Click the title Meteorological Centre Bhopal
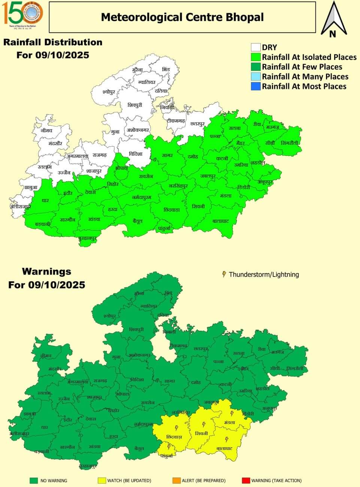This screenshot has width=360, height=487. [x=182, y=17]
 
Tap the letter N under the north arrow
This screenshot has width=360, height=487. [x=332, y=34]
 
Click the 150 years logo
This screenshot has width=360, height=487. [x=23, y=14]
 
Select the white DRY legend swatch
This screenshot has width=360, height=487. [x=256, y=47]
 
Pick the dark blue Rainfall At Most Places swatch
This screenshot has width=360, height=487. [x=256, y=86]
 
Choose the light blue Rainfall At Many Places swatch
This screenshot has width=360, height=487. [x=256, y=76]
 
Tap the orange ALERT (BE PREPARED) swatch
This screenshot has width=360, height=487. [x=176, y=480]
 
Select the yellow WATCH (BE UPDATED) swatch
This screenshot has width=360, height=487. [x=102, y=480]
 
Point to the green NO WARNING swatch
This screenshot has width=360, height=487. [x=34, y=480]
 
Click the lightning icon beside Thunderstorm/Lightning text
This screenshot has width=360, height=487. [x=224, y=274]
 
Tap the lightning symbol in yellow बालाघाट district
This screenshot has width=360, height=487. [x=227, y=439]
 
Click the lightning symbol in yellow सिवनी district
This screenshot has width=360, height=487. [x=204, y=425]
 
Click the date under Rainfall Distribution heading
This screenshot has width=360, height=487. [x=53, y=55]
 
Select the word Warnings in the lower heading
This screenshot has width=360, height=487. [x=46, y=272]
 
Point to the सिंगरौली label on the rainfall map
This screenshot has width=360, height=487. [x=291, y=143]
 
